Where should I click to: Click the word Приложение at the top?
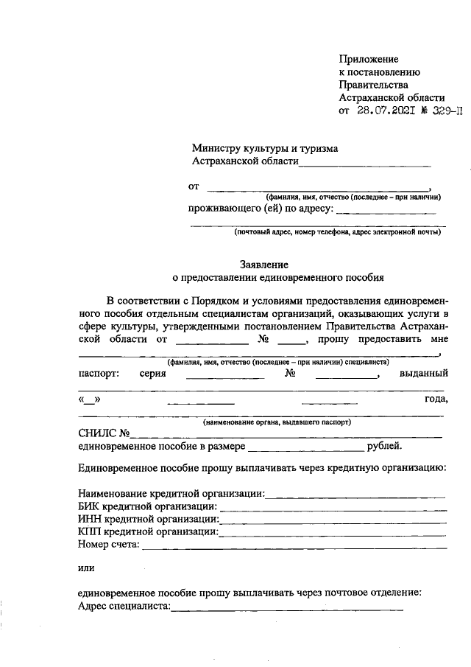click(x=368, y=59)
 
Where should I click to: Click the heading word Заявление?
click(x=263, y=265)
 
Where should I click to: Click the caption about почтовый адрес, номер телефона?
click(x=338, y=232)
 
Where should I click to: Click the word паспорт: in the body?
click(x=99, y=374)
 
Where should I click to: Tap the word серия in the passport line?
click(x=152, y=374)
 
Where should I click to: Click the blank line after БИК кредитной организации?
click(x=333, y=509)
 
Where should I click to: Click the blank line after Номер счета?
click(x=294, y=547)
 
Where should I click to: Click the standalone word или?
click(x=85, y=568)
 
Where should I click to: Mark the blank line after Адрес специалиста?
click(x=287, y=609)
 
